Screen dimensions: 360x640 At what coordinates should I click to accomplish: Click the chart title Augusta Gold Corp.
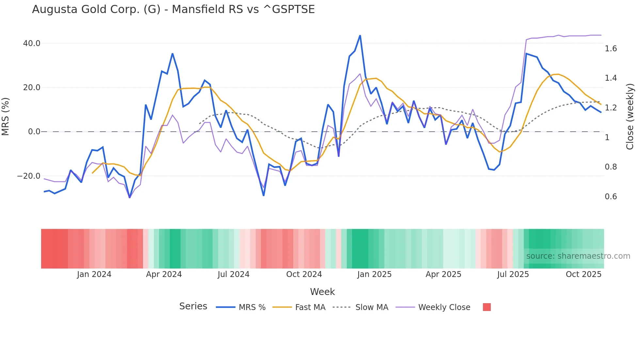pos(173,9)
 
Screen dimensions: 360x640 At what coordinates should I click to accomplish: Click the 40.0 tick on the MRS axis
pos(32,43)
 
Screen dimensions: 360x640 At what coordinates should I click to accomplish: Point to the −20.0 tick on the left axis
pos(29,176)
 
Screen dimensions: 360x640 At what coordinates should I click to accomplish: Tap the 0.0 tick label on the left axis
pos(34,132)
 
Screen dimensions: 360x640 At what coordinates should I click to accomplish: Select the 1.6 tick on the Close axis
pos(611,49)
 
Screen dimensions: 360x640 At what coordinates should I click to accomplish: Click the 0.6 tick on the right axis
pos(611,197)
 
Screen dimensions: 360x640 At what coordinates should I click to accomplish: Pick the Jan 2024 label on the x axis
pos(94,274)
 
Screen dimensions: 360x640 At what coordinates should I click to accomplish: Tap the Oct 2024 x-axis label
pos(304,274)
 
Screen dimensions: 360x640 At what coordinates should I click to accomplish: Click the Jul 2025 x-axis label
pos(513,274)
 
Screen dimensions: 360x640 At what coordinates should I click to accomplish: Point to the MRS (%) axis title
pos(6,117)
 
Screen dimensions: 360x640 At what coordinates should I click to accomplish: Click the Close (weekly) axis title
pos(630,117)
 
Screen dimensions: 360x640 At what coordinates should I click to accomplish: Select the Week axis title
pos(322,292)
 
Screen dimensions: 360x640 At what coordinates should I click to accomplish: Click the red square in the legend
pos(487,307)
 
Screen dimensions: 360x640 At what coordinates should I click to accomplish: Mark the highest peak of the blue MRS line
pos(360,36)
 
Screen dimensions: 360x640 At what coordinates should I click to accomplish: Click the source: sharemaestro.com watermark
pos(578,256)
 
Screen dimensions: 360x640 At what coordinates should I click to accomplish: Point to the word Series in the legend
pos(193,306)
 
